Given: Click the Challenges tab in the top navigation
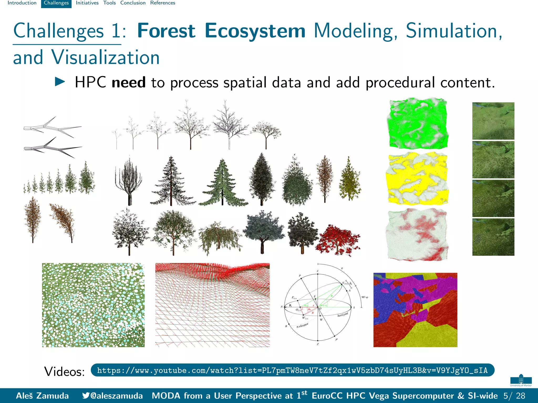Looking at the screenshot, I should coord(56,3).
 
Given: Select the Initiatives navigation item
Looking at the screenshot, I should coord(87,3).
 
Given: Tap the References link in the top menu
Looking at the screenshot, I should coord(163,3).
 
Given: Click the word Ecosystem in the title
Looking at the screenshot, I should coord(255,31).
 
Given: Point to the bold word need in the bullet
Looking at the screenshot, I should coord(128,82).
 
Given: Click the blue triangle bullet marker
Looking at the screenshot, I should coord(60,82).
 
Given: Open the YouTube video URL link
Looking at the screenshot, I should coord(292,370).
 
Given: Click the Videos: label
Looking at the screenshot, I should coord(64,371).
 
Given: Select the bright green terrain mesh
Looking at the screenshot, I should coord(418,123).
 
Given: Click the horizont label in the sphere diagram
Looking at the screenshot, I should coord(343,314).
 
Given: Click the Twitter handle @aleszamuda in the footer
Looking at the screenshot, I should coord(113,396).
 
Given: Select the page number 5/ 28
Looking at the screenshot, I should coord(514,396).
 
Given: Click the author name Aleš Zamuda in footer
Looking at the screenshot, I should coord(42,396).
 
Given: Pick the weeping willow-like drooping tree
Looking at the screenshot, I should coord(220,237).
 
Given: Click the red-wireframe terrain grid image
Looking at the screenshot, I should coord(212,305).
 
